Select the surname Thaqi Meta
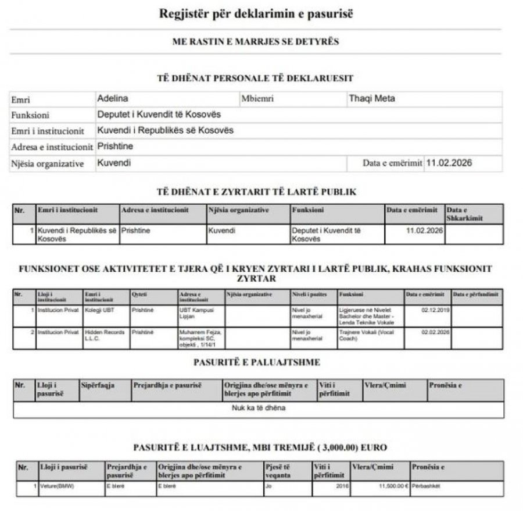[x=371, y=98]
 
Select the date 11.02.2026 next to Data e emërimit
[x=449, y=164]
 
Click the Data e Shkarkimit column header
[x=465, y=214]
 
